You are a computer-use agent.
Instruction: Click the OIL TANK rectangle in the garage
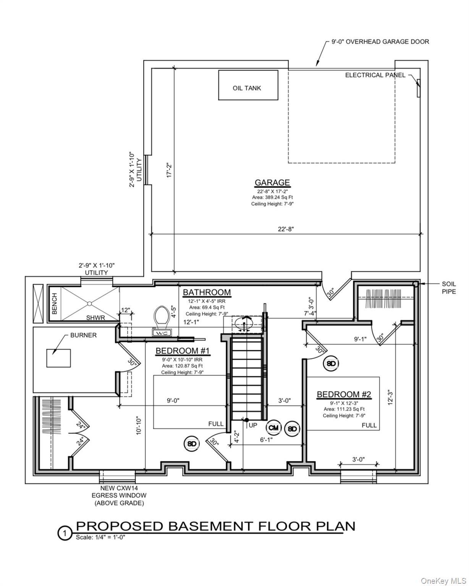coord(248,85)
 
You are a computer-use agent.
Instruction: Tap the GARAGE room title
coord(272,182)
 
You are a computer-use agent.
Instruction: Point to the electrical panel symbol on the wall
coord(419,88)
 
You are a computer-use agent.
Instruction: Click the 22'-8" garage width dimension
coord(286,229)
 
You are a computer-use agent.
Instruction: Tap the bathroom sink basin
coord(244,324)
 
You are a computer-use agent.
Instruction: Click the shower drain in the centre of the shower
coord(89,303)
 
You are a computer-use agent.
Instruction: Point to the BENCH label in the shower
coord(55,304)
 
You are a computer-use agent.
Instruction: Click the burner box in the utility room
coord(59,358)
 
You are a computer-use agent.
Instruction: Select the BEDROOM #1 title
coord(183,351)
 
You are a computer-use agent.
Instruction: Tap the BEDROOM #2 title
coord(344,394)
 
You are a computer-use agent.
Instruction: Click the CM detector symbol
coord(273,428)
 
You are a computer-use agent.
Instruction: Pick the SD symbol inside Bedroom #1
coord(191,444)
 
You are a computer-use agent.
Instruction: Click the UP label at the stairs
coord(253,425)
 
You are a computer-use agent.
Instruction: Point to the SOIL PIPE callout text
coord(449,288)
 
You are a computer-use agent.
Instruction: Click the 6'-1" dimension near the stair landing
coord(266,440)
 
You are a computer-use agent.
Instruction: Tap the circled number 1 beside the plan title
coord(65,533)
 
